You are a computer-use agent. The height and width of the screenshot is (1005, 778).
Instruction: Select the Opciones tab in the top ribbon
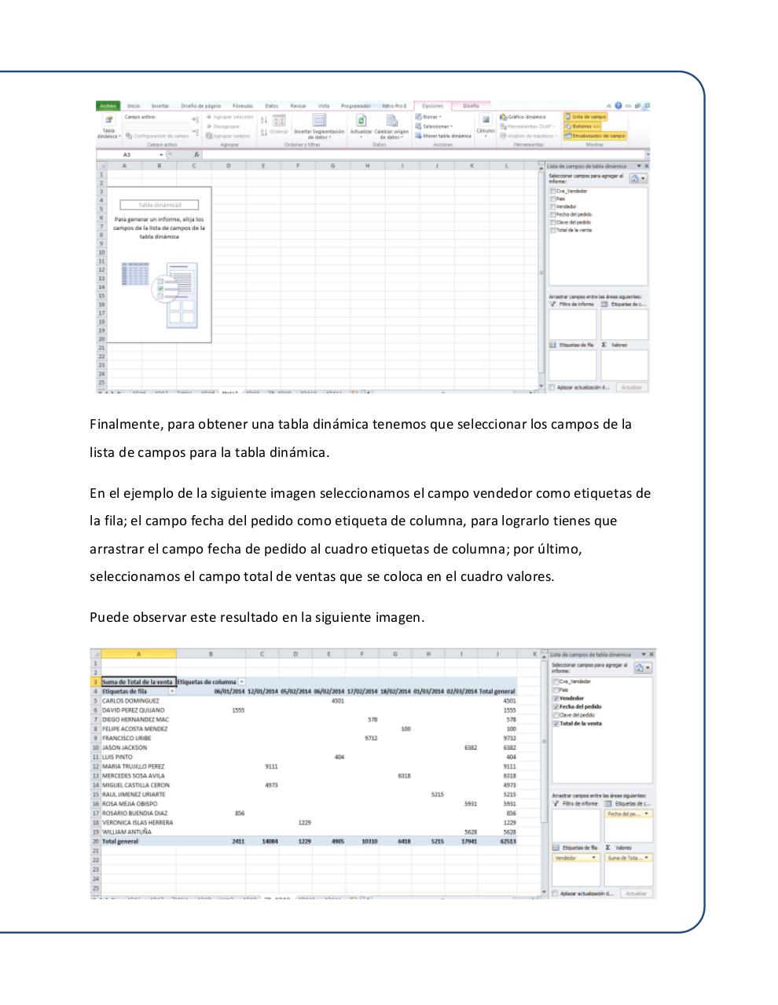[432, 105]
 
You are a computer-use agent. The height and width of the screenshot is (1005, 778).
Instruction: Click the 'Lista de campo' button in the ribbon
[589, 116]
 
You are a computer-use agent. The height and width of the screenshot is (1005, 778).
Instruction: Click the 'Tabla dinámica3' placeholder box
[160, 205]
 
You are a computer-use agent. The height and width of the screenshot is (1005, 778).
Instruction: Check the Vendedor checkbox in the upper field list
[553, 206]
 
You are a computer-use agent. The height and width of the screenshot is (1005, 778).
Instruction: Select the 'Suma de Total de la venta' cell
[138, 682]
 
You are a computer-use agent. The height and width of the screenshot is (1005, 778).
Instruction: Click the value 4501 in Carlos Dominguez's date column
[338, 700]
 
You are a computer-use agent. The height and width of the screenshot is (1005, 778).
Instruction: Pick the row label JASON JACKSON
[124, 747]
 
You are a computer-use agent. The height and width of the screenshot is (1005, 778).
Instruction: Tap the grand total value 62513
[508, 841]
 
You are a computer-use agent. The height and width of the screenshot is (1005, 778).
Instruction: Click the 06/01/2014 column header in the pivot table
[229, 691]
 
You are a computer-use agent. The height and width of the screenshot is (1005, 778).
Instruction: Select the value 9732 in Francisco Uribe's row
[371, 738]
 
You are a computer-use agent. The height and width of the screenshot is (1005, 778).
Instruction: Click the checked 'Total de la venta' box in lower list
[556, 723]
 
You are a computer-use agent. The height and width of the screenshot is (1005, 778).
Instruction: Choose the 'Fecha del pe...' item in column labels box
[627, 814]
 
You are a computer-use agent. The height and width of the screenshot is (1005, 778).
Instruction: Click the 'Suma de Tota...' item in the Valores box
[627, 858]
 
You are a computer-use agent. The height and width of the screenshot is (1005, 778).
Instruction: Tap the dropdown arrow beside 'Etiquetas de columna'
[242, 682]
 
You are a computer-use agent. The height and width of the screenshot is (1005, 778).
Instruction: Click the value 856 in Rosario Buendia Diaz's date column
[239, 813]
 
